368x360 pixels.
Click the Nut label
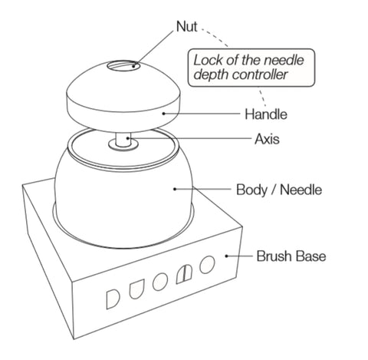click(187, 27)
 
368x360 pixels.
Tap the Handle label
click(266, 114)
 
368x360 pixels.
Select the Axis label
click(267, 139)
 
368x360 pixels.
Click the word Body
click(251, 190)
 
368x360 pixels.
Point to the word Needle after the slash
click(301, 190)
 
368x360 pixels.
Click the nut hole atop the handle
click(123, 66)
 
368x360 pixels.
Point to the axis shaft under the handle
click(123, 139)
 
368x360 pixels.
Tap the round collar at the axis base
click(123, 145)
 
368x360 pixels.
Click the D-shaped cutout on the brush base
click(112, 299)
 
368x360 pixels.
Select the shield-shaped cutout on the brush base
click(136, 289)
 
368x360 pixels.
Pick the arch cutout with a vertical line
click(184, 274)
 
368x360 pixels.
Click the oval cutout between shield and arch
click(160, 282)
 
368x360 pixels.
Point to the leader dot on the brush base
click(226, 256)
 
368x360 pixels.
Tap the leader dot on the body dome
click(175, 189)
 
